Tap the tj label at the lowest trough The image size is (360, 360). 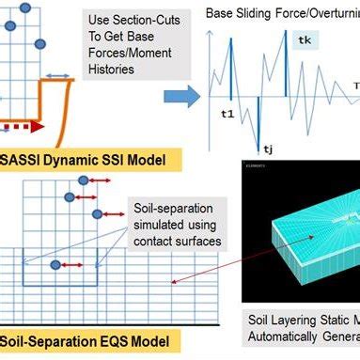click(x=268, y=148)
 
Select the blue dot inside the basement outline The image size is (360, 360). click(x=56, y=265)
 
